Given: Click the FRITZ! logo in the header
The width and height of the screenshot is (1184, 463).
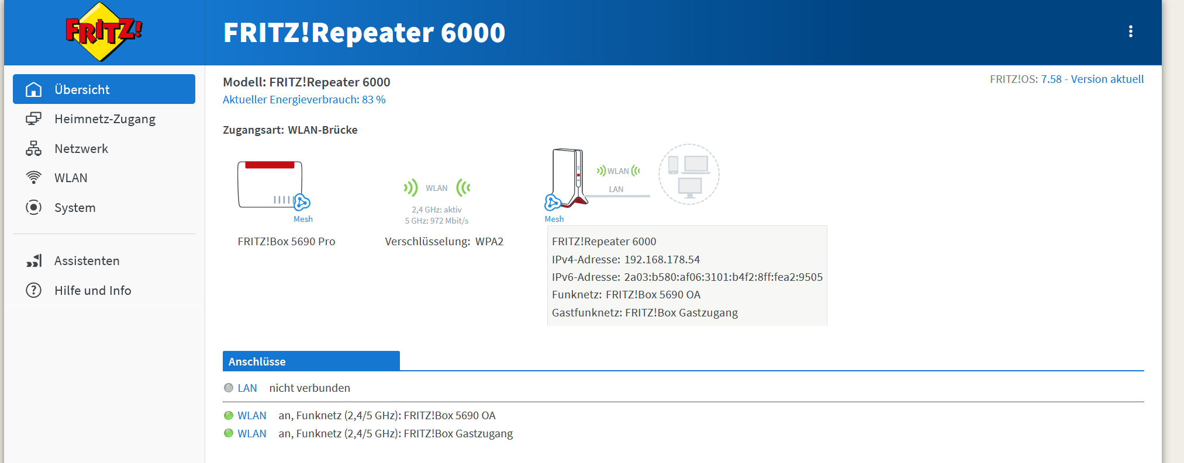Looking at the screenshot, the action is click(103, 32).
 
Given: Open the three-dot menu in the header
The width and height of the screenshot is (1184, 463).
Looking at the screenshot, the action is click(1130, 32).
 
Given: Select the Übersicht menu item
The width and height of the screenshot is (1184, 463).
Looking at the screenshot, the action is click(104, 89).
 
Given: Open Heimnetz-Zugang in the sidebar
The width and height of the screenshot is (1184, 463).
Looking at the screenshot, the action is click(104, 119).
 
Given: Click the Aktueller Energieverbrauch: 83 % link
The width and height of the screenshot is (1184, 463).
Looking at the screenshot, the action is click(304, 100).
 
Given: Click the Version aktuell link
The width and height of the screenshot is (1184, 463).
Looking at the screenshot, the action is click(1107, 79).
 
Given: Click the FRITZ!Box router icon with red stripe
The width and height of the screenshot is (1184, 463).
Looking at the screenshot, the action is click(270, 184).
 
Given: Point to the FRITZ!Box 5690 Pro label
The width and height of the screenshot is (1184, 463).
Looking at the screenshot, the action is click(286, 242).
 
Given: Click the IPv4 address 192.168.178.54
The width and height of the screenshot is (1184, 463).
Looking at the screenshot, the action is click(662, 260).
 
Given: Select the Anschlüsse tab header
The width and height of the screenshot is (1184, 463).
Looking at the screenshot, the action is click(311, 361).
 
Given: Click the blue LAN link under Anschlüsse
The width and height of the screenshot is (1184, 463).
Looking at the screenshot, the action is click(247, 388).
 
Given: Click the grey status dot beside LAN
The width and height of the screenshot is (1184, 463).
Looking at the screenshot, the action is click(229, 388).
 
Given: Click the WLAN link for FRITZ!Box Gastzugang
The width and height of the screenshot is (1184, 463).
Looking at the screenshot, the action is click(252, 434).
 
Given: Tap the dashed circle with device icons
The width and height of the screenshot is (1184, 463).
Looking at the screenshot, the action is click(689, 174).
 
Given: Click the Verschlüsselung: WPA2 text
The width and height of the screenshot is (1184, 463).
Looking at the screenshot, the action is click(444, 242).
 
